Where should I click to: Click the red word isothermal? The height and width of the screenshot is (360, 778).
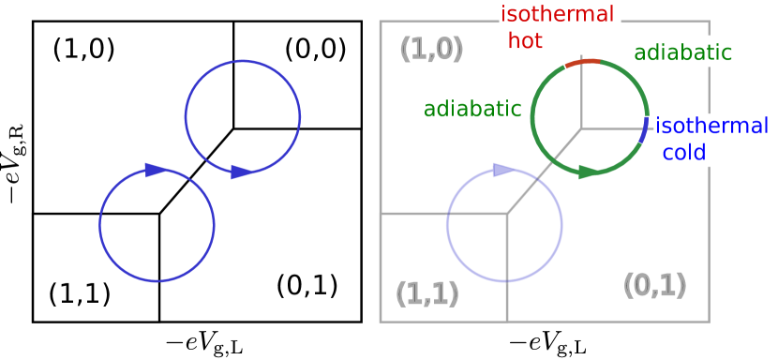coord(557,14)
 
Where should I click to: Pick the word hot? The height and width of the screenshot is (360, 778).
coord(525,40)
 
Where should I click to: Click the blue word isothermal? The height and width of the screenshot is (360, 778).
coord(711,126)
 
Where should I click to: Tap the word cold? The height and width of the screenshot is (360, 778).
coord(684,152)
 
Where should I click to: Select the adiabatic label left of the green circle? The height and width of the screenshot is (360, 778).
coord(472,109)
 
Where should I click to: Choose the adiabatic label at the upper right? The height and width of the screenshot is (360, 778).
coord(682,52)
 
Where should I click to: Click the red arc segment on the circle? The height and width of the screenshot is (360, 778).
coord(582,63)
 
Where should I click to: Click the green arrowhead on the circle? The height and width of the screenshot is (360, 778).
coord(588,172)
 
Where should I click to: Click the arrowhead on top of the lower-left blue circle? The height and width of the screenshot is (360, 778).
coord(157,170)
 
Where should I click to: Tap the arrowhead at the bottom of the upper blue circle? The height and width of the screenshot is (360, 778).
coord(242,172)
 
